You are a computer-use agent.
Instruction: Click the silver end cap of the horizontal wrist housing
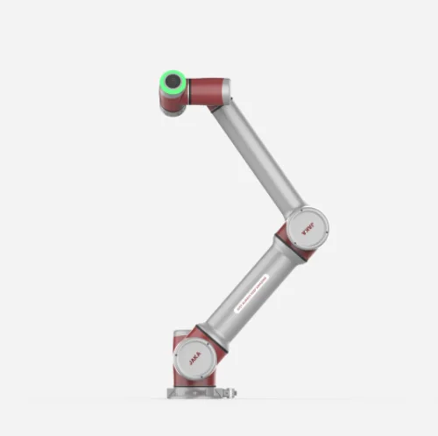(x=226, y=90)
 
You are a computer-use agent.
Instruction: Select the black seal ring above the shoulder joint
(x=203, y=330)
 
